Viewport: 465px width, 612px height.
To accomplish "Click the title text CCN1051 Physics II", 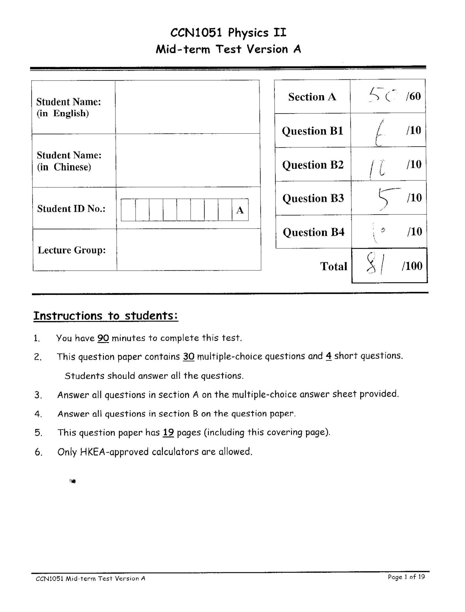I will [x=228, y=33].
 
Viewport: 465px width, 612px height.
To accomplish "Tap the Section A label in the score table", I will [x=312, y=97].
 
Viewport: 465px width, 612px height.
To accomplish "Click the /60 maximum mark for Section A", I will [x=413, y=96].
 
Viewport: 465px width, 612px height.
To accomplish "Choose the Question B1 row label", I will [x=312, y=131].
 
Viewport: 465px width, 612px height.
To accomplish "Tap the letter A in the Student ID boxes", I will [x=240, y=210].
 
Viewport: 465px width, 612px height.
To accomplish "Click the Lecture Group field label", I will [x=72, y=250].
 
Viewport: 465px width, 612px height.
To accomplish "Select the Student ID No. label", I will [x=71, y=209].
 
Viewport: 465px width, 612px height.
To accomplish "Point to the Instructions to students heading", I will [x=105, y=316].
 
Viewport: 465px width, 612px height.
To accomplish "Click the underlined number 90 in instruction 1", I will [x=103, y=338].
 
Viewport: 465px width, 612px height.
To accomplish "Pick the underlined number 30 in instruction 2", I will [x=189, y=357].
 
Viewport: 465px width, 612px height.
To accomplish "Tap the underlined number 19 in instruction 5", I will [x=168, y=432].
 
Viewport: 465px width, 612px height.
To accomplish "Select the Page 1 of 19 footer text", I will [x=406, y=577].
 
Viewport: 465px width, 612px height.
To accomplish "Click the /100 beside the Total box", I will [x=412, y=266].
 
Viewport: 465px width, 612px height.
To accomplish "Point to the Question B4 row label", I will [x=313, y=232].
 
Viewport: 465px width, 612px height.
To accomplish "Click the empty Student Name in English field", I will [x=187, y=107].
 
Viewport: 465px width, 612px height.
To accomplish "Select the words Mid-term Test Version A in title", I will [x=228, y=49].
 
